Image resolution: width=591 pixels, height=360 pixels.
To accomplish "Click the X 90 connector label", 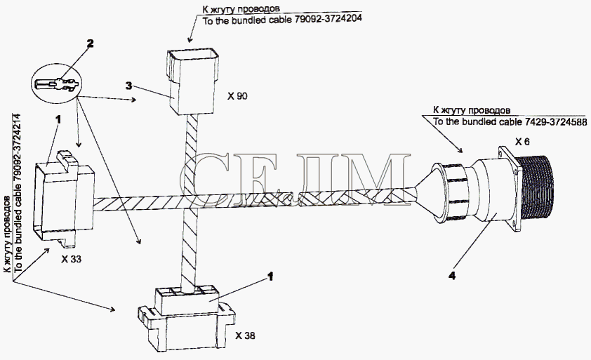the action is tap(237, 96).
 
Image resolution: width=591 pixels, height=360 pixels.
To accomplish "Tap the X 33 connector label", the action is tap(71, 260).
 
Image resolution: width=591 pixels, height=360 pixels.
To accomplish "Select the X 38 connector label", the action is tap(245, 335).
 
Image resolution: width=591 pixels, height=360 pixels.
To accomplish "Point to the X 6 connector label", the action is tap(522, 142).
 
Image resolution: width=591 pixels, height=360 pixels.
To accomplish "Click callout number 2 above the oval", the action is tap(90, 44).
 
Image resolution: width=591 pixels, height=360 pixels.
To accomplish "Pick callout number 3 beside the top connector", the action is tap(129, 86).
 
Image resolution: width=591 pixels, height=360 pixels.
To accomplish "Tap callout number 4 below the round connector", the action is tap(452, 276).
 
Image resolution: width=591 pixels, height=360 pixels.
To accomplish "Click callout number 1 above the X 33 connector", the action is tap(58, 119).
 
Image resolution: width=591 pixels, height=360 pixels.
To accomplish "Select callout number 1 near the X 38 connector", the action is tap(270, 276).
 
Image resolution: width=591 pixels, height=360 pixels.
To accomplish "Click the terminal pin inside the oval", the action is tap(57, 84).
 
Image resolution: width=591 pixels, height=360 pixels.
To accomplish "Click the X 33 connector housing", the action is tap(64, 199).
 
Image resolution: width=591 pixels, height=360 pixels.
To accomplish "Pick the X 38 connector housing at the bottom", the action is tap(187, 319).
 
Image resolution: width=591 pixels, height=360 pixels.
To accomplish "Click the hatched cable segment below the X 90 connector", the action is tap(192, 155).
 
